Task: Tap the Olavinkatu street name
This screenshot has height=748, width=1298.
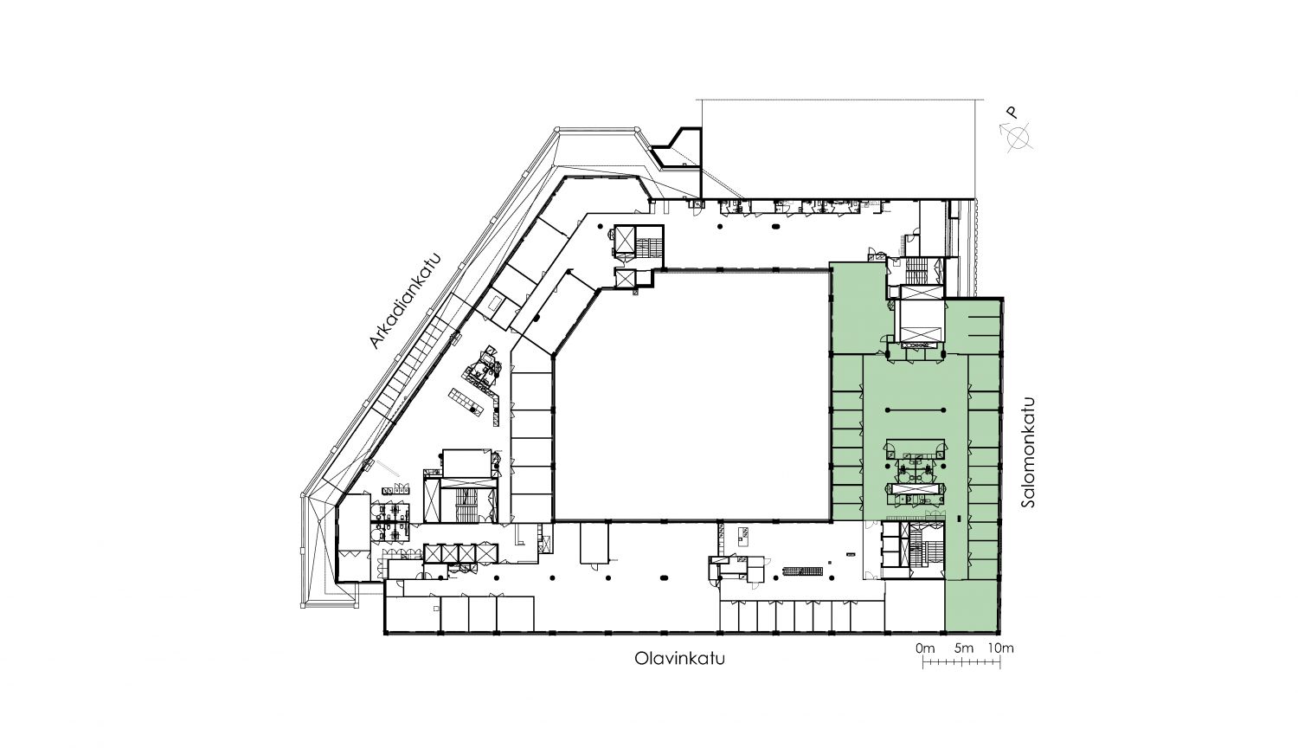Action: click(679, 659)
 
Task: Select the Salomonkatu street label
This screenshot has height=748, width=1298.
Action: click(1028, 452)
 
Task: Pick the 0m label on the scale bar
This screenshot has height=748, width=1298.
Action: click(925, 648)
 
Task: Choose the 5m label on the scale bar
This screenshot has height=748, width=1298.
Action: click(964, 648)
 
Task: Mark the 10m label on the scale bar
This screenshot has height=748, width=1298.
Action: click(1000, 648)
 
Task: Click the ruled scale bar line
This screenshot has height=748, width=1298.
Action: click(962, 662)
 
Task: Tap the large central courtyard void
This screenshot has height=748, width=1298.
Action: click(690, 394)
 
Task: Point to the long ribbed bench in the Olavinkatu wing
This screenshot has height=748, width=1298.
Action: click(802, 571)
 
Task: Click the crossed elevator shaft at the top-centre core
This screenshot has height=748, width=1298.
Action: click(625, 240)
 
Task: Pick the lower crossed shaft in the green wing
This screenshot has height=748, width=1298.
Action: click(920, 333)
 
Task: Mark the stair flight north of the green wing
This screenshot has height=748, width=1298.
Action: click(916, 271)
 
